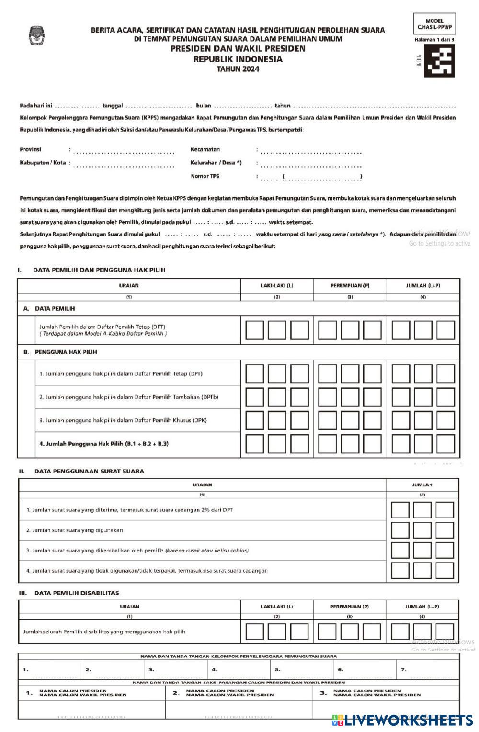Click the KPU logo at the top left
click(36, 35)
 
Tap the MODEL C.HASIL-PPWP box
click(434, 24)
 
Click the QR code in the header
click(439, 61)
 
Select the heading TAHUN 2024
click(238, 69)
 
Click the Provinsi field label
click(31, 149)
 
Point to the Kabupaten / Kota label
click(43, 163)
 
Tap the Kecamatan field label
click(205, 149)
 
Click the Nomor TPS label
click(205, 176)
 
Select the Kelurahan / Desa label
click(216, 163)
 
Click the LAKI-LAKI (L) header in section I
click(277, 286)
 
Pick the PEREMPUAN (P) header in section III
click(349, 607)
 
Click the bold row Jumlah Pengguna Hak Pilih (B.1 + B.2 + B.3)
click(104, 444)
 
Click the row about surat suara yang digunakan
click(75, 530)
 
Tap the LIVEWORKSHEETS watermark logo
click(402, 721)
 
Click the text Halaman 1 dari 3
click(434, 40)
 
